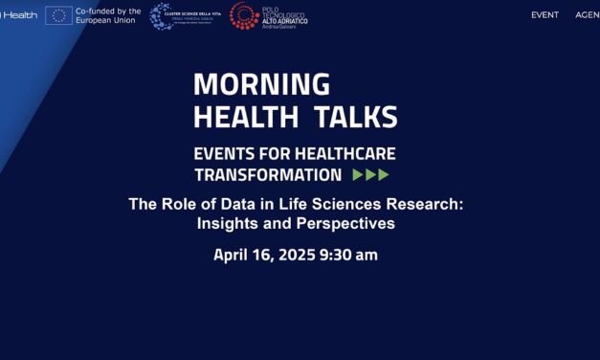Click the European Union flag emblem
pos(57,15)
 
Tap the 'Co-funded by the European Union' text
pos(107,15)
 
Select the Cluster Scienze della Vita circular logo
pos(162,15)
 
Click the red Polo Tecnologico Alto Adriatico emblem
pos(242,15)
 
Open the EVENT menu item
pos(544,15)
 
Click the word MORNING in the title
pos(261,84)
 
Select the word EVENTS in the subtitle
pos(227,153)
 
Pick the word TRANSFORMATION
pos(267,175)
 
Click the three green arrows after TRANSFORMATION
pos(370,175)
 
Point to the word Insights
pos(231,224)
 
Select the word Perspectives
pos(346,224)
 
